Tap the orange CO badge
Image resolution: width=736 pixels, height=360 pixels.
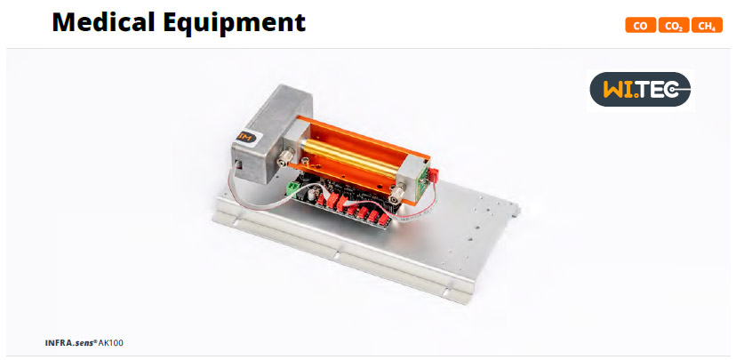[640, 26]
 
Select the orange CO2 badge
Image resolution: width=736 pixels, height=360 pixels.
[674, 26]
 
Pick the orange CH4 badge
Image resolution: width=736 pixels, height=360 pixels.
[707, 26]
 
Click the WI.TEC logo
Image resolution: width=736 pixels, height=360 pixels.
[640, 89]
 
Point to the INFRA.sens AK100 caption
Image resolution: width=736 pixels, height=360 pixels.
[84, 342]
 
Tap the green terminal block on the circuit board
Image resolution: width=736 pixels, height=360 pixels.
[294, 188]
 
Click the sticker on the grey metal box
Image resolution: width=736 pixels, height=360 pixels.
[247, 137]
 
